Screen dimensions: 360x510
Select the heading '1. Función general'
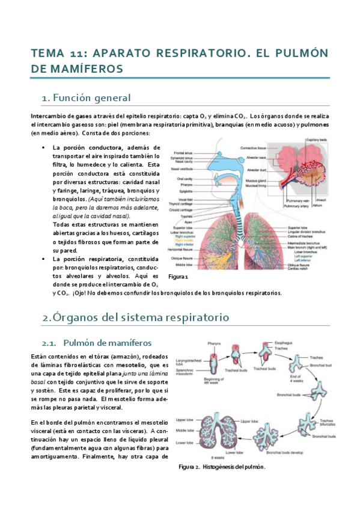click(x=86, y=97)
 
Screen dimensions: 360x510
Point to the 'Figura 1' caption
click(x=178, y=277)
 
